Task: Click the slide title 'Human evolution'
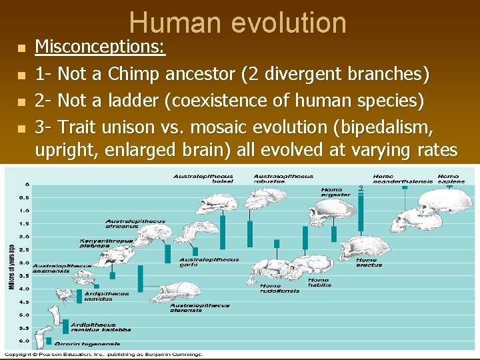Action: pyautogui.click(x=238, y=23)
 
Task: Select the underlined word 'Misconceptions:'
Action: pyautogui.click(x=100, y=47)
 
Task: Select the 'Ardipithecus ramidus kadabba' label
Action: pyautogui.click(x=100, y=327)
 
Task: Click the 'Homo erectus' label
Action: pyautogui.click(x=369, y=262)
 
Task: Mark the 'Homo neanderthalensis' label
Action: pyautogui.click(x=393, y=179)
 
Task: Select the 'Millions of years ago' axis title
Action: pyautogui.click(x=11, y=267)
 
